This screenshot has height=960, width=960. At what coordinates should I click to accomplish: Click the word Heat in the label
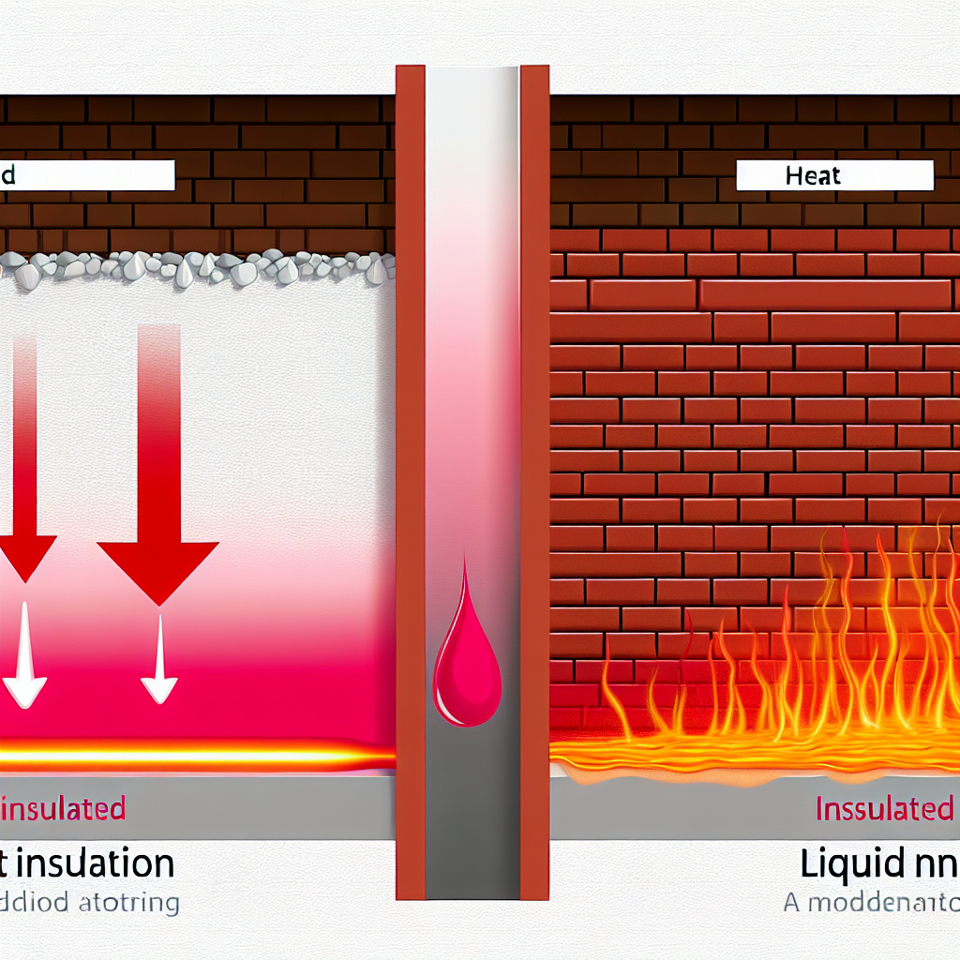pyautogui.click(x=813, y=175)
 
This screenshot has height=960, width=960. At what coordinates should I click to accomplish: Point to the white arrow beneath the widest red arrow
pyautogui.click(x=158, y=661)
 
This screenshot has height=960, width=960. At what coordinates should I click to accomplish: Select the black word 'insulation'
pyautogui.click(x=94, y=862)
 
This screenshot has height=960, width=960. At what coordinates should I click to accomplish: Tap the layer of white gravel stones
pyautogui.click(x=197, y=269)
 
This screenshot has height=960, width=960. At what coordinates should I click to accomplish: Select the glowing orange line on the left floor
pyautogui.click(x=197, y=752)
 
